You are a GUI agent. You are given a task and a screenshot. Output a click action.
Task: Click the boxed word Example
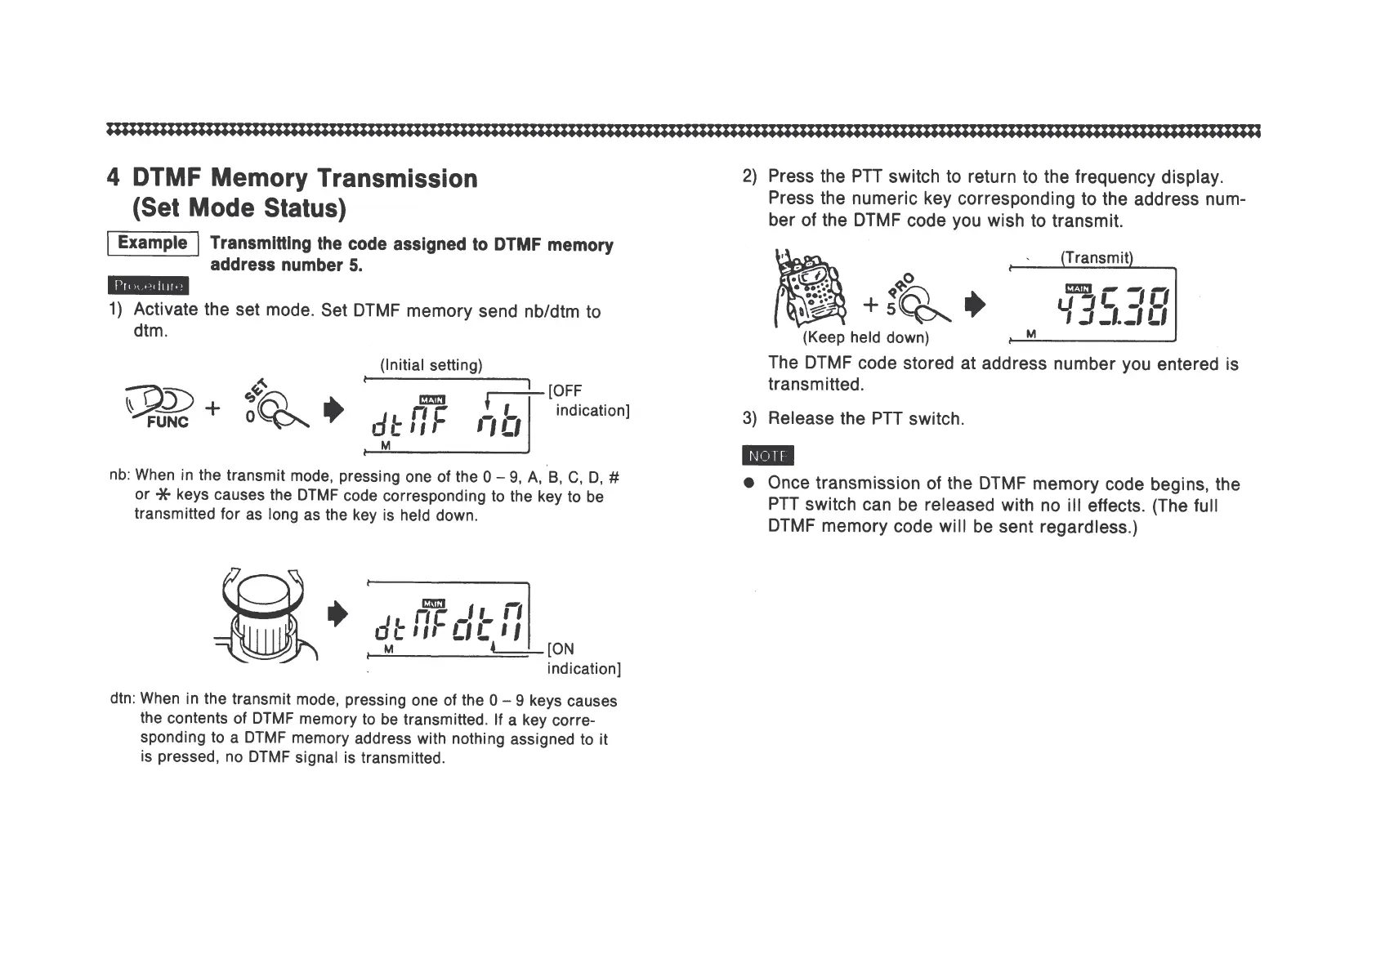coord(152,243)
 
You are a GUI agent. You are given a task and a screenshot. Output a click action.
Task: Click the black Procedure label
coord(148,286)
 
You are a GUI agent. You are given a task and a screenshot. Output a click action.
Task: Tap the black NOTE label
coord(768,456)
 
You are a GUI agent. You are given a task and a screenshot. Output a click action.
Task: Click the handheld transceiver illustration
coord(809,291)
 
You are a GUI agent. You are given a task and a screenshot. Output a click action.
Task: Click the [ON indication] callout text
coord(583,658)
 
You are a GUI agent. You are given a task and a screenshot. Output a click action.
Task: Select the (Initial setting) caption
coord(431,365)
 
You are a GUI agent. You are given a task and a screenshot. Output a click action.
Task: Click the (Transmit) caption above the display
coord(1096,258)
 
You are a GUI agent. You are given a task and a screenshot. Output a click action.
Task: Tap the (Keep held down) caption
coord(865,337)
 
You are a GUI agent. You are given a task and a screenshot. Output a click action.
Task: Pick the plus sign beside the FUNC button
coord(212,408)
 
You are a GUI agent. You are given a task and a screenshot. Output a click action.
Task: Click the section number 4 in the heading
coord(114,178)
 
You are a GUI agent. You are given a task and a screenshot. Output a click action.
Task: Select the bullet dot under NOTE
coord(748,484)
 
